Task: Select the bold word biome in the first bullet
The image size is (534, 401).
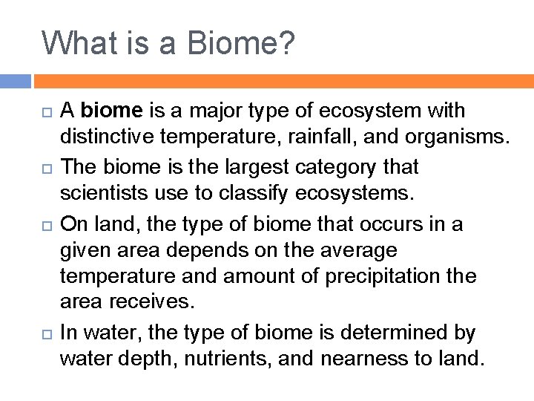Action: pyautogui.click(x=111, y=111)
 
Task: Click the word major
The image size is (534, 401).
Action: pyautogui.click(x=219, y=111)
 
